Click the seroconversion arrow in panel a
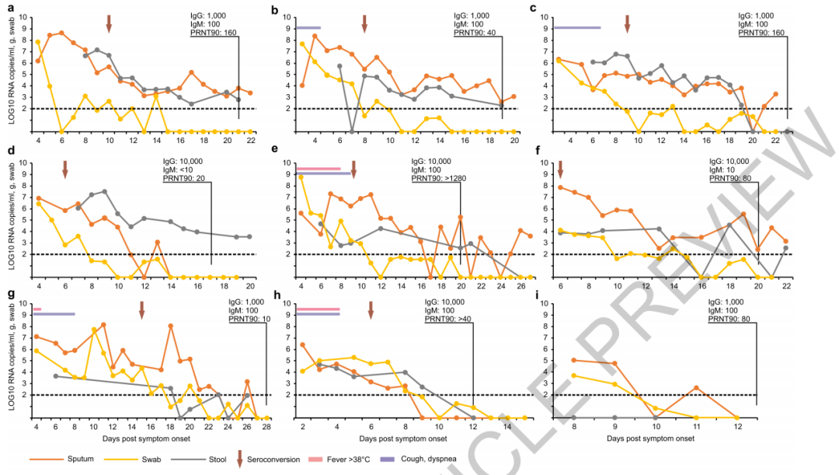109,23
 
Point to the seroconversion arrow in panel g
141,309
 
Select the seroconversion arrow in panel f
560,168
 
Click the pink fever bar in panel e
318,168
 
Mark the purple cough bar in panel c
577,27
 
